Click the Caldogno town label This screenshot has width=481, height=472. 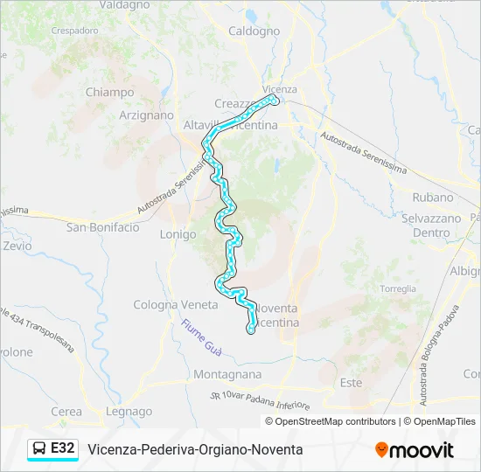[254, 31]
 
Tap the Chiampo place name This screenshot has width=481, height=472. [109, 92]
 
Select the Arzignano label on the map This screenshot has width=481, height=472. [146, 115]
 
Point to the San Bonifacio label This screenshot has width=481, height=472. [102, 227]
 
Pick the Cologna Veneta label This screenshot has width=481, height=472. [175, 305]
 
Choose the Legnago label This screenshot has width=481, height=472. [129, 412]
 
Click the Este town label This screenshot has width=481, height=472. [350, 383]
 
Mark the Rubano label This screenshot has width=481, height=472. [433, 198]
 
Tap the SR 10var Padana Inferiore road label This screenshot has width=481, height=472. [261, 401]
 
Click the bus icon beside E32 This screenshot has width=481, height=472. [40, 448]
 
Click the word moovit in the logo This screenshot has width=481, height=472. [422, 450]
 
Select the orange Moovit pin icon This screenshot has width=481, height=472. [381, 450]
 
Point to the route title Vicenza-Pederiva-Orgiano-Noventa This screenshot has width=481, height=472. [195, 449]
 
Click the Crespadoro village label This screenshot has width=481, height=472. [74, 30]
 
